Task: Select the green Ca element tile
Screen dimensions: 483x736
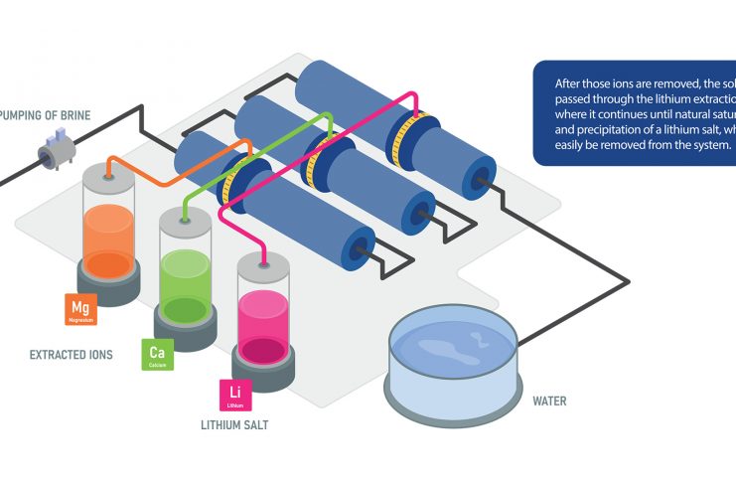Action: [x=157, y=355]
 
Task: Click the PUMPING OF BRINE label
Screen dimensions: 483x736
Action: [x=44, y=116]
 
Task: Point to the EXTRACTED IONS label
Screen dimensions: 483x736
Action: [x=71, y=354]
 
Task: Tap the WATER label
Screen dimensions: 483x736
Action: [x=549, y=402]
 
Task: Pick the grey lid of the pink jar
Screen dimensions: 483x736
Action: [x=263, y=261]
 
